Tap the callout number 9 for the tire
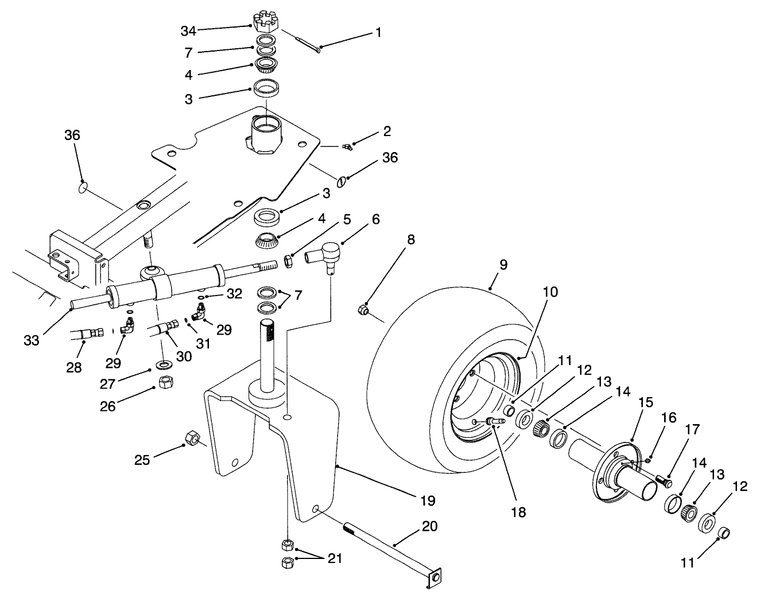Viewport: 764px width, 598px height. [x=503, y=266]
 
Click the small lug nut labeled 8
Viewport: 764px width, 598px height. [x=363, y=310]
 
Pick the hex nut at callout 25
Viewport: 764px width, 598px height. [x=192, y=440]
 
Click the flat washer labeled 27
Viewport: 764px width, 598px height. [x=165, y=364]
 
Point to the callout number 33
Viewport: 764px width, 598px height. [x=32, y=340]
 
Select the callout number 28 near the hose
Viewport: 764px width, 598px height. [x=74, y=367]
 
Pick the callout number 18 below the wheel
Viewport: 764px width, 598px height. [x=519, y=511]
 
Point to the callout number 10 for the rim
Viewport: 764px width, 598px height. [x=550, y=292]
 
